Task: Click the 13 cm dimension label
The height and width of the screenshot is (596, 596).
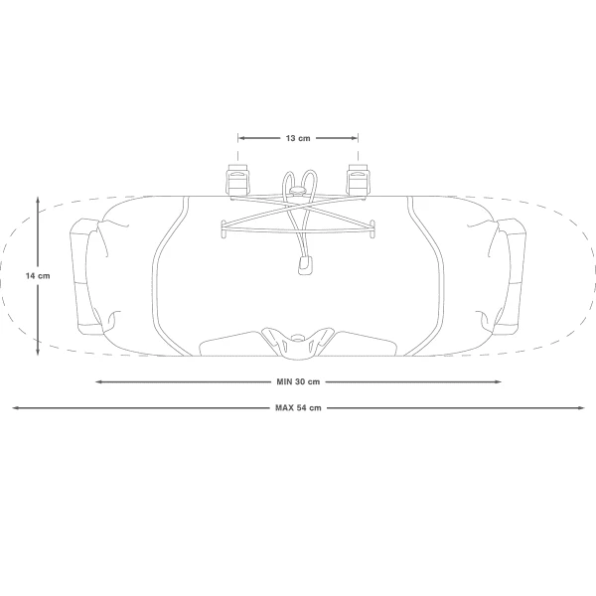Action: point(298,138)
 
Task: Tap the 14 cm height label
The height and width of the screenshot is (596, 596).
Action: point(38,276)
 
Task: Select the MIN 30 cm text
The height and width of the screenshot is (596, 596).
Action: point(298,381)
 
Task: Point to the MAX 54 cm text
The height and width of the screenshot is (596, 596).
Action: point(298,408)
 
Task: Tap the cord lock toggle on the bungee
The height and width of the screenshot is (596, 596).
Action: point(298,190)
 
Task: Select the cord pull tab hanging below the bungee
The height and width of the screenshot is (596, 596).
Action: point(305,265)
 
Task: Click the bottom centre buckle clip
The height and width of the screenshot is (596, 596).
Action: point(298,342)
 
